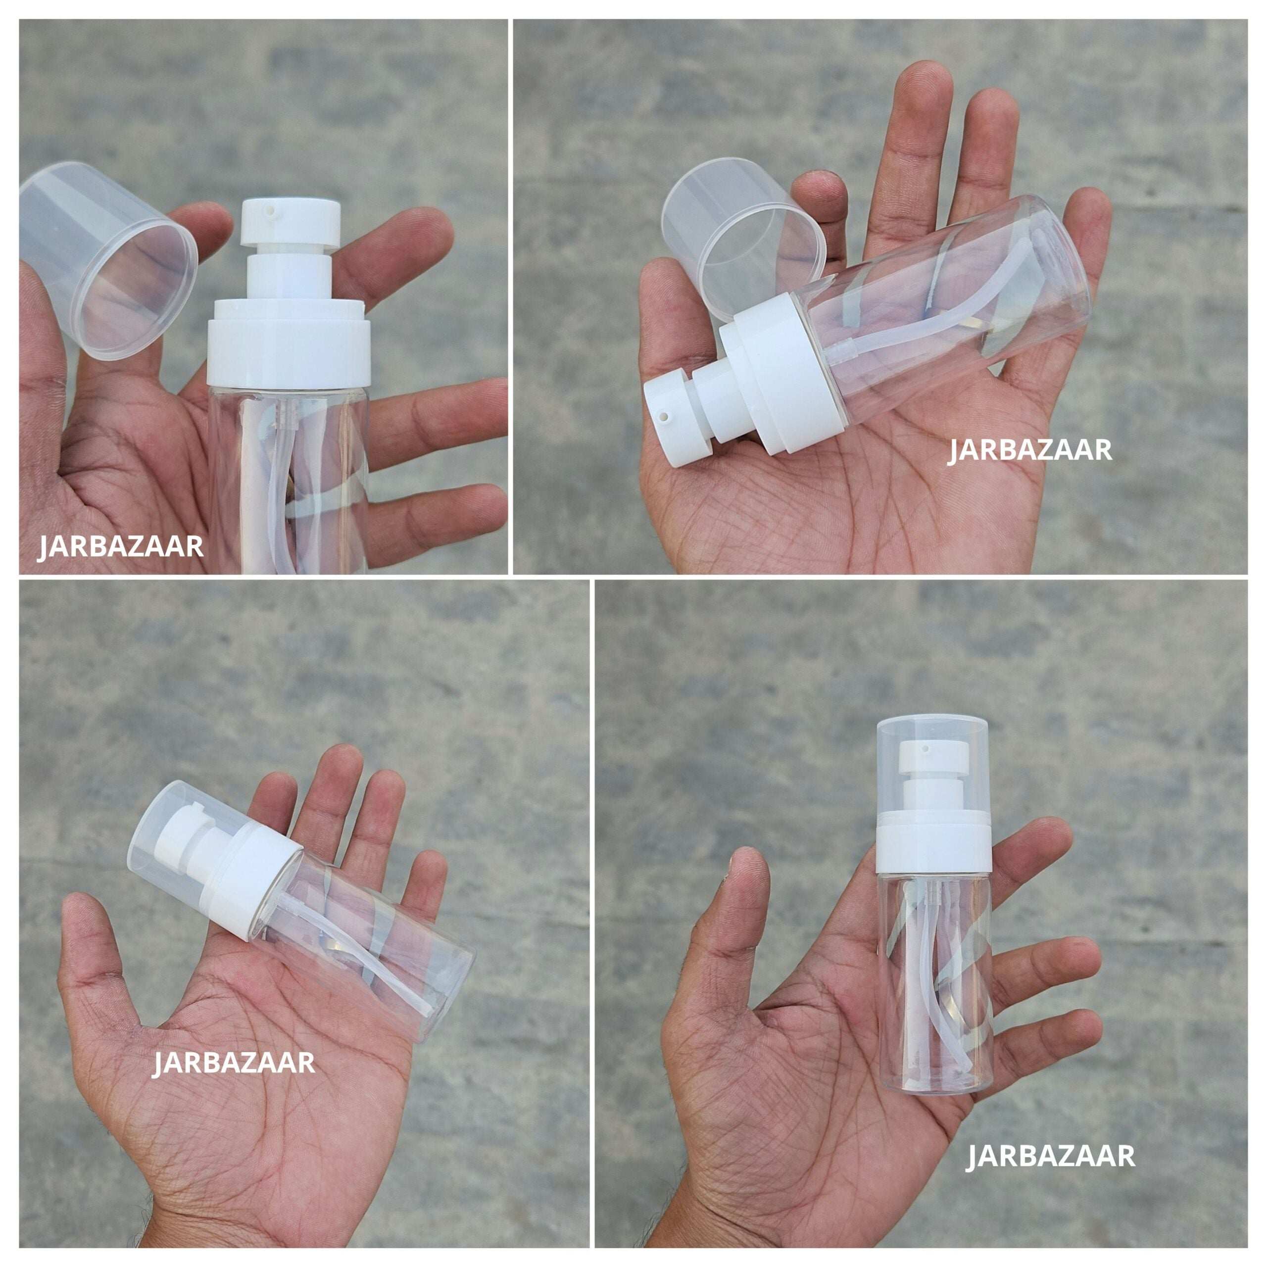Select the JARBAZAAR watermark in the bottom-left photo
click(234, 1063)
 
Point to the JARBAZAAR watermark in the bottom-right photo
click(1051, 1156)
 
